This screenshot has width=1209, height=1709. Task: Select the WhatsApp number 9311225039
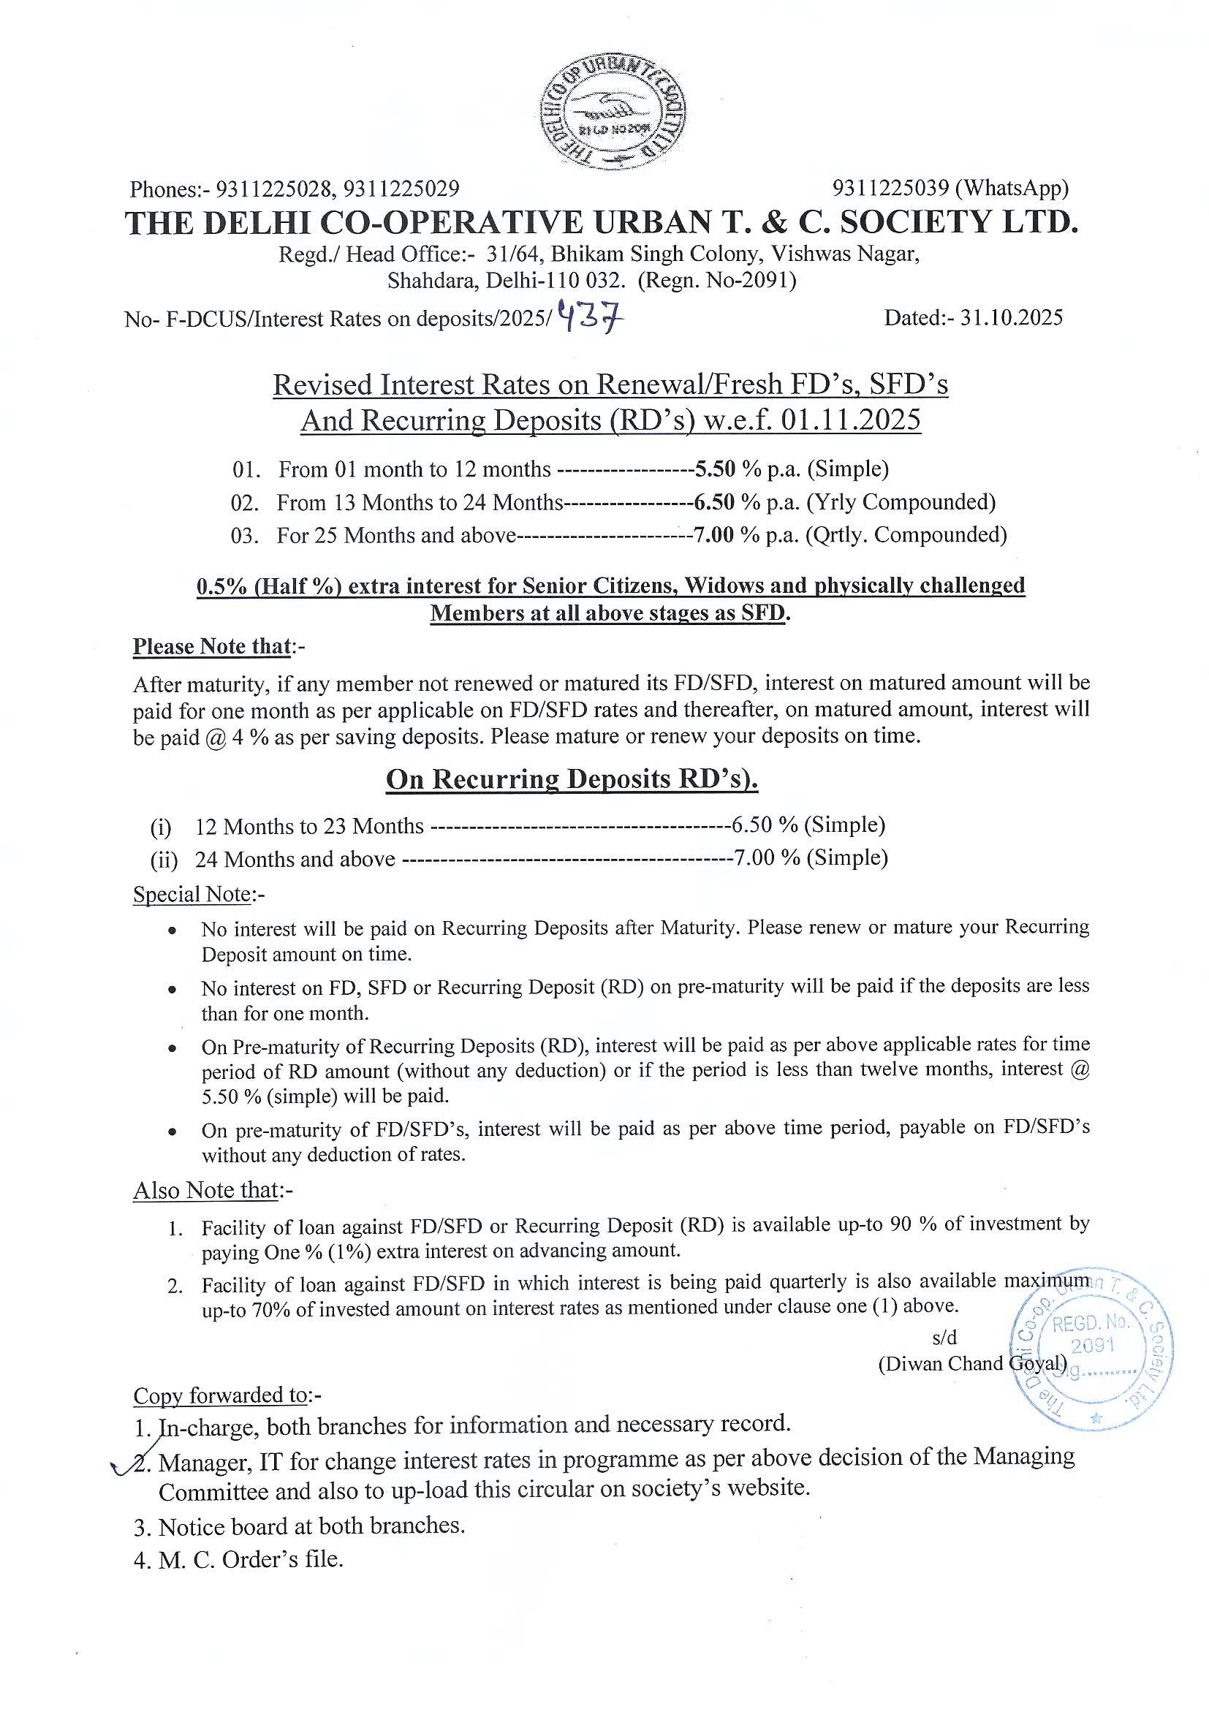coord(890,189)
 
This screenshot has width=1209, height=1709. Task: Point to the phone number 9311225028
coord(273,189)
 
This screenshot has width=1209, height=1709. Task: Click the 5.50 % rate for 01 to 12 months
coord(716,469)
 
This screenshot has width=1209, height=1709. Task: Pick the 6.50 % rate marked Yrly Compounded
coord(715,502)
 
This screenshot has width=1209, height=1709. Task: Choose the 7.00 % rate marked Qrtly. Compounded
coord(714,535)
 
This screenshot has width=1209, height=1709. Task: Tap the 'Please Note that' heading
coord(212,646)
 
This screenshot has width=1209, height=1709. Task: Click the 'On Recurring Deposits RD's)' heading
coord(571,778)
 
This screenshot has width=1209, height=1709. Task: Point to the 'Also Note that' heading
coord(206,1190)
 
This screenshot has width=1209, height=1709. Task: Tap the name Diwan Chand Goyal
coord(972,1364)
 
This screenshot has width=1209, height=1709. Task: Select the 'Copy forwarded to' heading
coord(221,1395)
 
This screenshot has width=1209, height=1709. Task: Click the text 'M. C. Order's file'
coord(250,1559)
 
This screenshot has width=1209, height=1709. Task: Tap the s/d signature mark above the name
coord(944,1338)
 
